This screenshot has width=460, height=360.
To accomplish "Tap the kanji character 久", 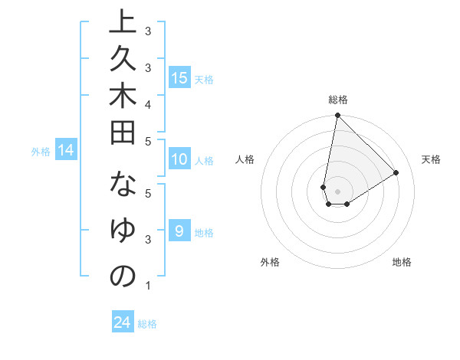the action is coord(123,67).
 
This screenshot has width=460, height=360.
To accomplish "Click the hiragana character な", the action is coord(123,188).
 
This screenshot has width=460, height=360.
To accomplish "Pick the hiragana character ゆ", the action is coord(123,232).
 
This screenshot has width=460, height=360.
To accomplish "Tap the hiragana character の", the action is coord(123,277).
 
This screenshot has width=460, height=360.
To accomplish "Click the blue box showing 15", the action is coord(179,77).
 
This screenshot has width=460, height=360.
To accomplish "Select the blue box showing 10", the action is coord(179,160).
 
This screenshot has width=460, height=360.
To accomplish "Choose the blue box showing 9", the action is coord(179,231).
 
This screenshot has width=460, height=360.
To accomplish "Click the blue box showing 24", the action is coord(123,322).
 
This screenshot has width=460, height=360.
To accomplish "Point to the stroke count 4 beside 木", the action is coord(147,103).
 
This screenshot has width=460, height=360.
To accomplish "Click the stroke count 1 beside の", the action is coord(147,286).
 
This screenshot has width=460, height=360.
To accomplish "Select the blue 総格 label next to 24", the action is coord(147,324).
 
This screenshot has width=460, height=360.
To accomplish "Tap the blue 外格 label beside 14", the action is coord(41,152).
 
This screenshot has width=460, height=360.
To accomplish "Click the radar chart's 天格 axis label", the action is coord(431,159).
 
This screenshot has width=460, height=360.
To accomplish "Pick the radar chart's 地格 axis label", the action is coord(402,262).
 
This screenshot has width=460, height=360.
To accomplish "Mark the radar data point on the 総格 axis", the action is coord(337,116).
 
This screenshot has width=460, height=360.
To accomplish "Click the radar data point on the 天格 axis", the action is coord(396,172).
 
